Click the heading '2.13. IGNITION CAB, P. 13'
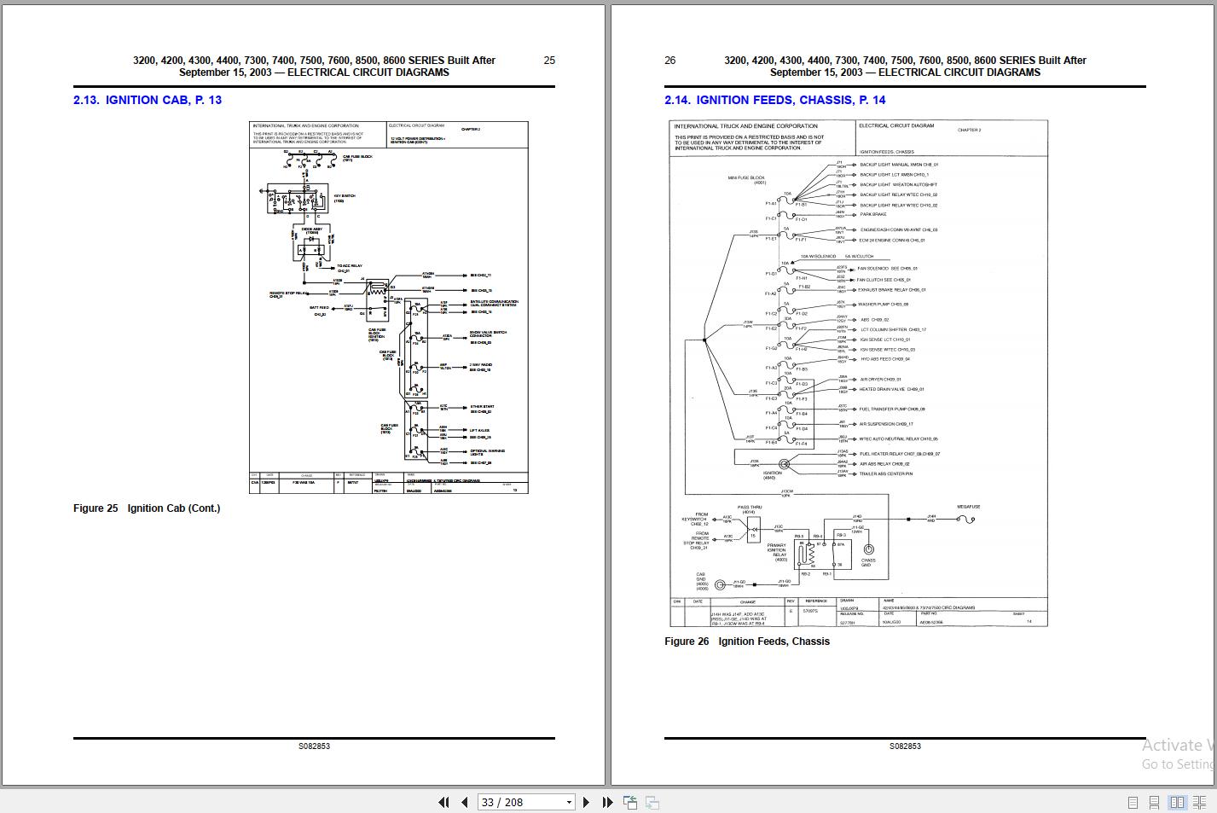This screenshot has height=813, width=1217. tap(147, 100)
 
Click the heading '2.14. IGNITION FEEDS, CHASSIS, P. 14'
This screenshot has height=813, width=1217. tap(774, 100)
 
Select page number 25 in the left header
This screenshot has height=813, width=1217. tap(549, 61)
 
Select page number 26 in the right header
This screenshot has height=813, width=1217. tap(669, 61)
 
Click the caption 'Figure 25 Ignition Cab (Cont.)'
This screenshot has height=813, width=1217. tap(147, 508)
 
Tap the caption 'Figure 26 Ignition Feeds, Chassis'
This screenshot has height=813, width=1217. tap(746, 642)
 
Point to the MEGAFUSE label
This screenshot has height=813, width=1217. tap(968, 507)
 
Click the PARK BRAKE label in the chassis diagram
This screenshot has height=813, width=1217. tap(873, 215)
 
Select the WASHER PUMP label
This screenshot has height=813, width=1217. tap(884, 305)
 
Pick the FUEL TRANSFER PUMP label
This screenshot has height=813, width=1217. tap(892, 409)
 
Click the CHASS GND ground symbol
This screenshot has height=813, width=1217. tap(868, 549)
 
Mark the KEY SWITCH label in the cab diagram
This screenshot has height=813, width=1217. tap(345, 196)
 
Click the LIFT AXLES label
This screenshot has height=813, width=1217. tap(479, 431)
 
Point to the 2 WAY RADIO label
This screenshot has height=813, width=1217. tap(481, 365)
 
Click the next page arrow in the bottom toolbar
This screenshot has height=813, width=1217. tap(586, 802)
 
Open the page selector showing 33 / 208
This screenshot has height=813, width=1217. tap(525, 802)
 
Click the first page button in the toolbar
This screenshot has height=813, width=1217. tap(443, 802)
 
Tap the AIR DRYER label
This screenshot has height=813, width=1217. tap(880, 380)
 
